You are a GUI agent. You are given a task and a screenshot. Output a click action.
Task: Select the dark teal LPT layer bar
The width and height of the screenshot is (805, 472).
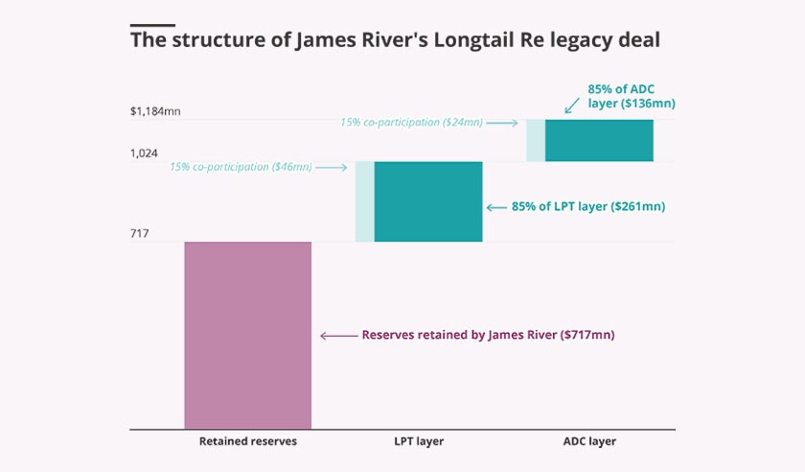click(427, 201)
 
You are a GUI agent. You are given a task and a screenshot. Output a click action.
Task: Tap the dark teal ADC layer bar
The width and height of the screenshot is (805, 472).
click(599, 140)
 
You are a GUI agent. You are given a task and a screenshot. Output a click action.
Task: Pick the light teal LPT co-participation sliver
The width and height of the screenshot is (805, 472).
click(364, 201)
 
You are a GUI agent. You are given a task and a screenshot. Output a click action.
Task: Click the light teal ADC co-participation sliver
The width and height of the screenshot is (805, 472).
click(535, 140)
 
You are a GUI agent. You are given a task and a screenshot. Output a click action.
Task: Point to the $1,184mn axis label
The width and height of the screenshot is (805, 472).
click(155, 111)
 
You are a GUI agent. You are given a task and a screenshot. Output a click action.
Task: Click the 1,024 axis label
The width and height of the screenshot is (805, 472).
click(146, 153)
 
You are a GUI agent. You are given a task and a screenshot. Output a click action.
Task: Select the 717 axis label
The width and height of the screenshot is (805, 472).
click(140, 233)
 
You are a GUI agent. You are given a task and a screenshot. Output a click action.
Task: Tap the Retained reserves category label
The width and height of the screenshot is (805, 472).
click(247, 442)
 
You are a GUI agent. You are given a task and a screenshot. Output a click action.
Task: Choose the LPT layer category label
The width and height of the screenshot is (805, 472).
click(419, 442)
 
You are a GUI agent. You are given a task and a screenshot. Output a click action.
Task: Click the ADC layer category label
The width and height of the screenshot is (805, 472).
click(589, 442)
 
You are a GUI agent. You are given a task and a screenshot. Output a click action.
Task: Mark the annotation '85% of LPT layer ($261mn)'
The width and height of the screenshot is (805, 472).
click(588, 206)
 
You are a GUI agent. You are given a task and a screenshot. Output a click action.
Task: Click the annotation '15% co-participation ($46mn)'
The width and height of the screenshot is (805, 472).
click(241, 167)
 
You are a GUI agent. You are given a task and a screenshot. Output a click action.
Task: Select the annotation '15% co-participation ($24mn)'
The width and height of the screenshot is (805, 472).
click(411, 123)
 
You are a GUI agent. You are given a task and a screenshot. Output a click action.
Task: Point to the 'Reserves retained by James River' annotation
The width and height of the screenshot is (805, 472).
click(487, 336)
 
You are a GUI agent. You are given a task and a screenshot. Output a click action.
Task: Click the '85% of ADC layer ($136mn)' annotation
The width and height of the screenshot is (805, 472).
click(631, 96)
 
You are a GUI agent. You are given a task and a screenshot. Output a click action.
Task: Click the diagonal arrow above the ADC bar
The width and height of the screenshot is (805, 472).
click(573, 104)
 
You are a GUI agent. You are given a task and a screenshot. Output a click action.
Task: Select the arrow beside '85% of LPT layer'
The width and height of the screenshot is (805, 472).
click(496, 206)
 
